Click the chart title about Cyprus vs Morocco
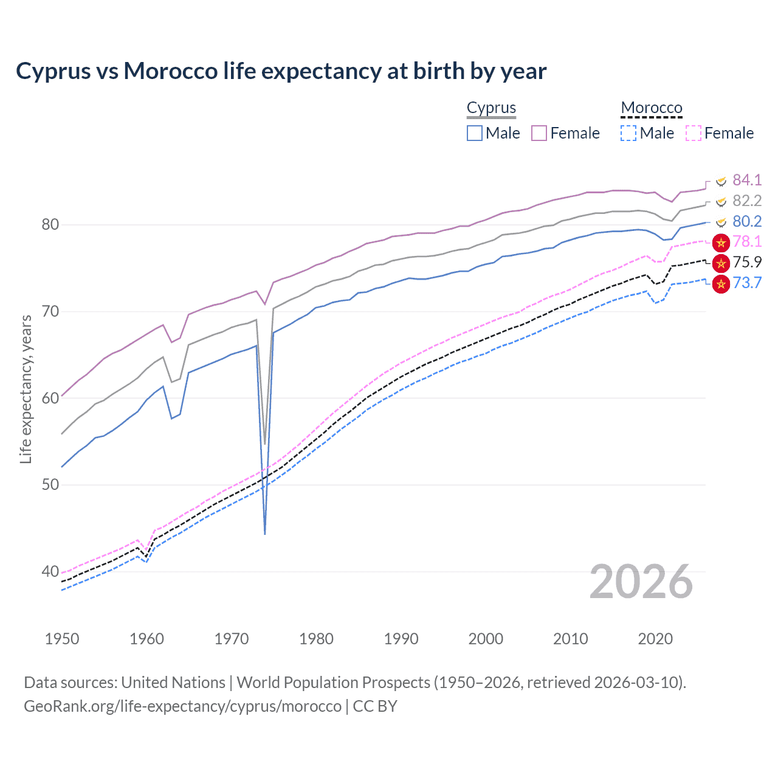tap(281, 71)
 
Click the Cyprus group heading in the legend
tap(491, 108)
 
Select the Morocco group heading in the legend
tap(652, 108)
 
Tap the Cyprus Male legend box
tap(475, 133)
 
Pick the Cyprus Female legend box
tap(539, 133)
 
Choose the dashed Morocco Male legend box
tap(628, 133)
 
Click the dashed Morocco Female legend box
tap(694, 133)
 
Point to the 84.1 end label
tap(747, 180)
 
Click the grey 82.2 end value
tap(747, 201)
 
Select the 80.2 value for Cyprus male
tap(747, 221)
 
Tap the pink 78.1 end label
tap(747, 241)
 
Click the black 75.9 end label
tap(747, 262)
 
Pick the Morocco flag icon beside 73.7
tap(721, 283)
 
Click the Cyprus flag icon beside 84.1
tap(721, 181)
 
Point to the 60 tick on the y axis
tap(50, 398)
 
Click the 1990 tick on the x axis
tap(401, 639)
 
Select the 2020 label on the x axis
tap(655, 639)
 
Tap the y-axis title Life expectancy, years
tap(26, 389)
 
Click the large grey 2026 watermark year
tap(641, 582)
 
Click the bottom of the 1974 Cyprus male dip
tap(265, 534)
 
